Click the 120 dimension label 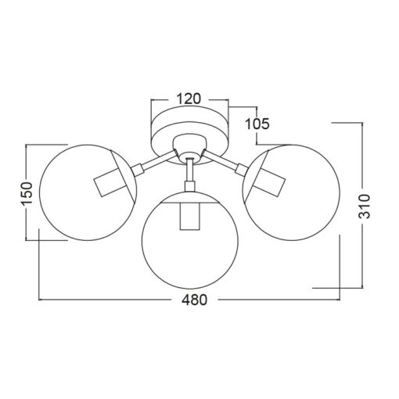(x=189, y=99)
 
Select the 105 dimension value (x=257, y=124)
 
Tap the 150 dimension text (x=27, y=192)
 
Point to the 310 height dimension (x=365, y=206)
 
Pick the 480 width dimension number (x=195, y=300)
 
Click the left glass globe (x=40, y=192)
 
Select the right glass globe (x=340, y=192)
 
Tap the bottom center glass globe (x=190, y=289)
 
